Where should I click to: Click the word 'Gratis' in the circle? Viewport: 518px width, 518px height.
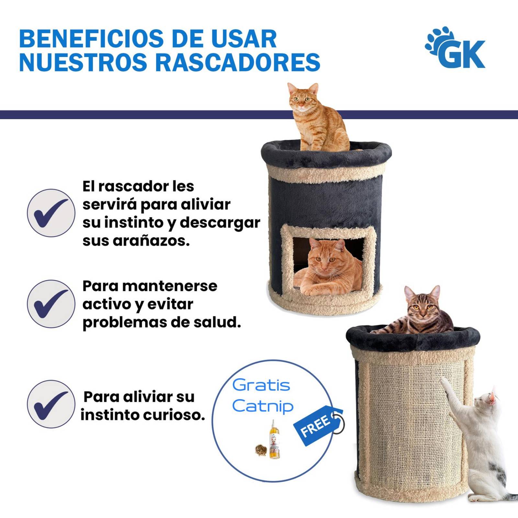click(261, 385)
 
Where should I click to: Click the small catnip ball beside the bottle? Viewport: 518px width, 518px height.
click(260, 449)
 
